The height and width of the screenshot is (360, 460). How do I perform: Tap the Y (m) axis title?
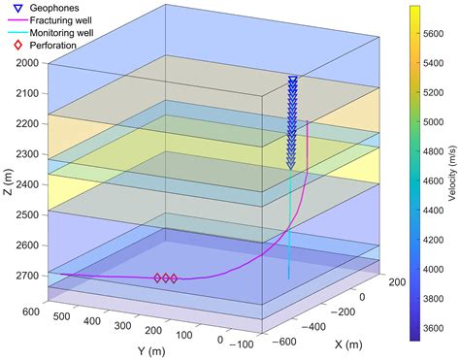point(147,348)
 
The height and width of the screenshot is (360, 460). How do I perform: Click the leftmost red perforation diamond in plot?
point(158,278)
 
